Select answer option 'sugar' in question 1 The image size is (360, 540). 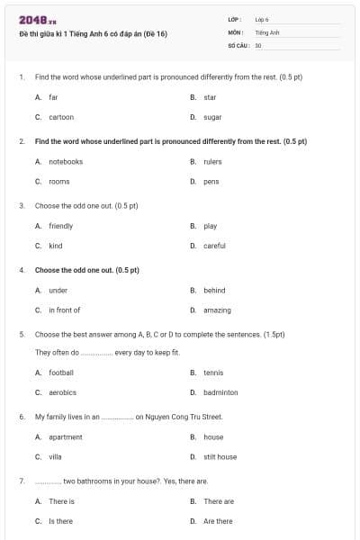(x=212, y=117)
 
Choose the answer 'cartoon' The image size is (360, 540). (x=61, y=117)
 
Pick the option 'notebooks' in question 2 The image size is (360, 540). (x=66, y=162)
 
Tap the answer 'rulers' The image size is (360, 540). (x=212, y=162)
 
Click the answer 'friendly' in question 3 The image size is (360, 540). (x=61, y=226)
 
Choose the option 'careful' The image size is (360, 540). (x=214, y=245)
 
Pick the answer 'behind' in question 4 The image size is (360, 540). (x=214, y=291)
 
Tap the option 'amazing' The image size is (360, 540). (x=217, y=310)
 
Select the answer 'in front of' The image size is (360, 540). (x=65, y=310)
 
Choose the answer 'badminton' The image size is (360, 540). (x=220, y=392)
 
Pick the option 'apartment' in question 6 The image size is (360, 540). (x=66, y=437)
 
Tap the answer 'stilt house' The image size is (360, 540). (x=220, y=456)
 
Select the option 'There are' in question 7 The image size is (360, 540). (x=219, y=501)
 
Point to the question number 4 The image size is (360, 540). (x=22, y=270)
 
